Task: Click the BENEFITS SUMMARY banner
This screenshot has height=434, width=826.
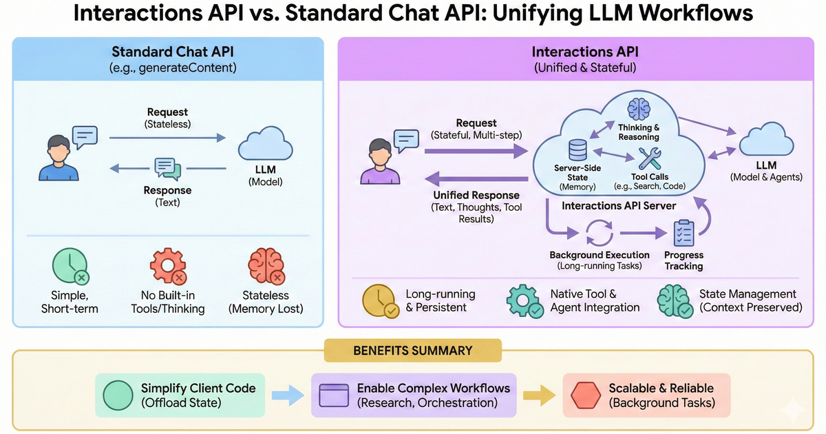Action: (412, 351)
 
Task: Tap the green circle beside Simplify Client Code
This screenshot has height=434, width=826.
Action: (119, 396)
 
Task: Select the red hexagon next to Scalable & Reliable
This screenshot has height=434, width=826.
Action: (586, 396)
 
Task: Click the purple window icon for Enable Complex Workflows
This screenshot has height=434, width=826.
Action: (335, 396)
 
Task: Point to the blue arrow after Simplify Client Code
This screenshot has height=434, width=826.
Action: (288, 396)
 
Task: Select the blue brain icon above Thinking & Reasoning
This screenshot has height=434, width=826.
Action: (638, 110)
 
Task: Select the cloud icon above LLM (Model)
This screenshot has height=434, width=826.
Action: (265, 146)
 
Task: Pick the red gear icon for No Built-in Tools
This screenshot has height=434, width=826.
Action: (167, 267)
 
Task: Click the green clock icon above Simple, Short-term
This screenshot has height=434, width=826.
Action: (70, 267)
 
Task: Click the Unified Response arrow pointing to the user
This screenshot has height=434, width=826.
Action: (475, 179)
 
